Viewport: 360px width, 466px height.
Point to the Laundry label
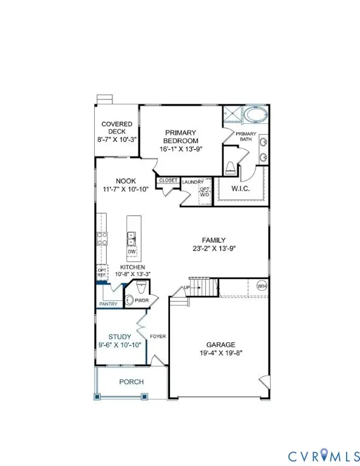(x=193, y=181)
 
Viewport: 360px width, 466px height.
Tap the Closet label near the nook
(x=168, y=180)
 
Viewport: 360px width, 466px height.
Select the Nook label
(x=126, y=181)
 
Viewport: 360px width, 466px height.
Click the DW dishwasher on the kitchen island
(x=132, y=251)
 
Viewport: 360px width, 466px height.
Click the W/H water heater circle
(x=262, y=286)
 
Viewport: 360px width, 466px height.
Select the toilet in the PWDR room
(x=131, y=300)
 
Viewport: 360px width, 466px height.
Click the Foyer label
(x=158, y=336)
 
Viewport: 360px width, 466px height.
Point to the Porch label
(x=131, y=382)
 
